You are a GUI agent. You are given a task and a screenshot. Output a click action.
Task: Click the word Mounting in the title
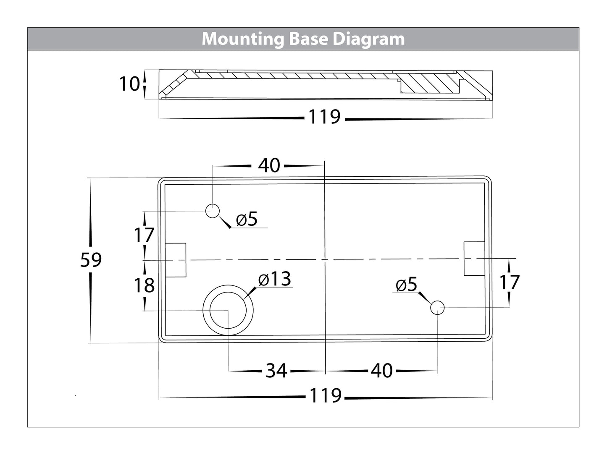243,39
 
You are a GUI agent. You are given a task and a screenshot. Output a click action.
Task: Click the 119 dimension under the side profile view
324,117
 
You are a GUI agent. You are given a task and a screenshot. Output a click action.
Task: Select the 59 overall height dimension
91,260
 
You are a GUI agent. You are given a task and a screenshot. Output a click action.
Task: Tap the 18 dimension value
144,286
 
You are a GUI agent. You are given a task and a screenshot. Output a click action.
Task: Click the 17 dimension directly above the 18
144,235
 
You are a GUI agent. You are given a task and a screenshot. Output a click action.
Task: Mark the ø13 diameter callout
275,280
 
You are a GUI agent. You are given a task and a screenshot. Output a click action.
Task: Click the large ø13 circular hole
228,310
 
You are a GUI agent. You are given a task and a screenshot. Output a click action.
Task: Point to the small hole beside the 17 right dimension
437,308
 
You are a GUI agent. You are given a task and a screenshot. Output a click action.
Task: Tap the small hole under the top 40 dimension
213,211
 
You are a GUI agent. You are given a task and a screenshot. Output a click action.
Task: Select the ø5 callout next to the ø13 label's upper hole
247,219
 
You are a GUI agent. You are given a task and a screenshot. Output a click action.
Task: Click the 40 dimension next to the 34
382,371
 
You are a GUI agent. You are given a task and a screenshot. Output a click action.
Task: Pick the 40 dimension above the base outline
269,166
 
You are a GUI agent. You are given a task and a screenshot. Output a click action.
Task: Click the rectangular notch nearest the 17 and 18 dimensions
176,260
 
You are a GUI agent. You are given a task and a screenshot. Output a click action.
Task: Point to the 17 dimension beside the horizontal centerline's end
510,282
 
